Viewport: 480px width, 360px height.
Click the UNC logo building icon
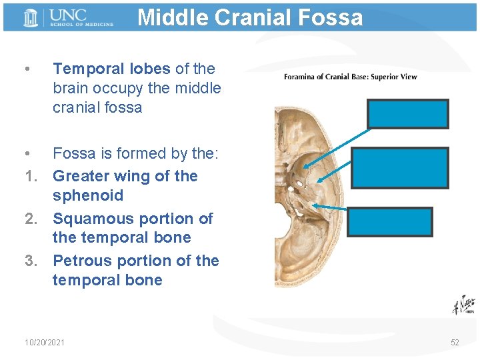(31, 17)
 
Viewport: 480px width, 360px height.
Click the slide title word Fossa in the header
(331, 17)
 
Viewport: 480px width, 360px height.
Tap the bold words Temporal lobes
(111, 69)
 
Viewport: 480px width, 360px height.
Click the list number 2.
(30, 219)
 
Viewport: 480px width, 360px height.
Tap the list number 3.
(30, 261)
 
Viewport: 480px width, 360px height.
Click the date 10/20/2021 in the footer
(44, 342)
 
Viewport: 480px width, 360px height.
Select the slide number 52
(455, 342)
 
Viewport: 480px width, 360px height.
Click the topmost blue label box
(407, 113)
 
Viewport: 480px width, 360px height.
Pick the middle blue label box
(401, 167)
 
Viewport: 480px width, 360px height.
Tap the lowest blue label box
(390, 222)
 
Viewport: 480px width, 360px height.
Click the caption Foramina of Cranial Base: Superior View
(350, 77)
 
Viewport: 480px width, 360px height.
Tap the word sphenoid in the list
(88, 195)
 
